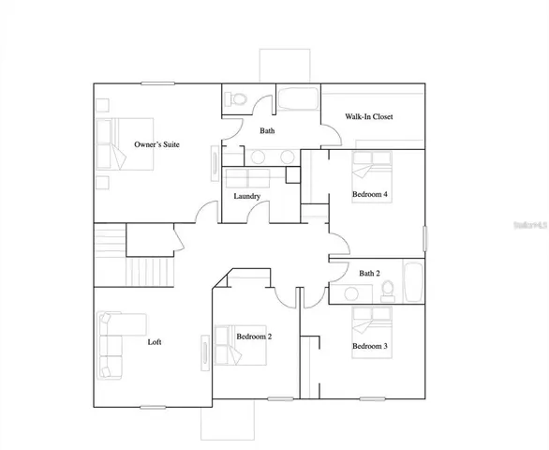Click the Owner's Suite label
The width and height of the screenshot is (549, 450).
[156, 144]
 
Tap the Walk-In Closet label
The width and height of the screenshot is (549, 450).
[369, 117]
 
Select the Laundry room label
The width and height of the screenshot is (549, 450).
[247, 196]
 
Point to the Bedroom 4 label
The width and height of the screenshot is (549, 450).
[369, 194]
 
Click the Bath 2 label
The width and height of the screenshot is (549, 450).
[370, 273]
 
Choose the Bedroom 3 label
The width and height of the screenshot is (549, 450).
[369, 346]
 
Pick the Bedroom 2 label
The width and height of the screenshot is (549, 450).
[254, 337]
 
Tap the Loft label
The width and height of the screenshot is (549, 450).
[155, 342]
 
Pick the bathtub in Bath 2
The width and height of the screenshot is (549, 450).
[412, 280]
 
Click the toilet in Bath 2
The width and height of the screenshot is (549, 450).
[385, 291]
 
